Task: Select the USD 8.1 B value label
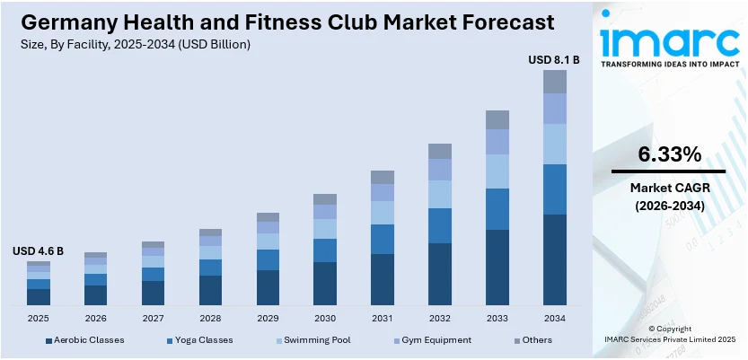coord(554,60)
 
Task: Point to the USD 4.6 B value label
coord(38,251)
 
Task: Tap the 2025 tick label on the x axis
coord(39,318)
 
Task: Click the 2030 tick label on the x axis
coord(325,318)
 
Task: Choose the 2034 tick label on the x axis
coord(555,318)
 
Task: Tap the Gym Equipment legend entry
coord(436,340)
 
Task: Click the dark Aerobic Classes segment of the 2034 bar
coord(555,260)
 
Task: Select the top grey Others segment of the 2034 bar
coord(555,82)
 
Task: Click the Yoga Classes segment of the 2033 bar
coord(497,209)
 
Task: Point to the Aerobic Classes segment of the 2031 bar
coord(383,279)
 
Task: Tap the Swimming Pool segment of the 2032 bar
coord(440,194)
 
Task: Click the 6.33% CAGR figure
coord(669,154)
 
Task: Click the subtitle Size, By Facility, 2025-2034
coord(130,43)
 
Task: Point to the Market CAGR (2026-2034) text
coord(669,197)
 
